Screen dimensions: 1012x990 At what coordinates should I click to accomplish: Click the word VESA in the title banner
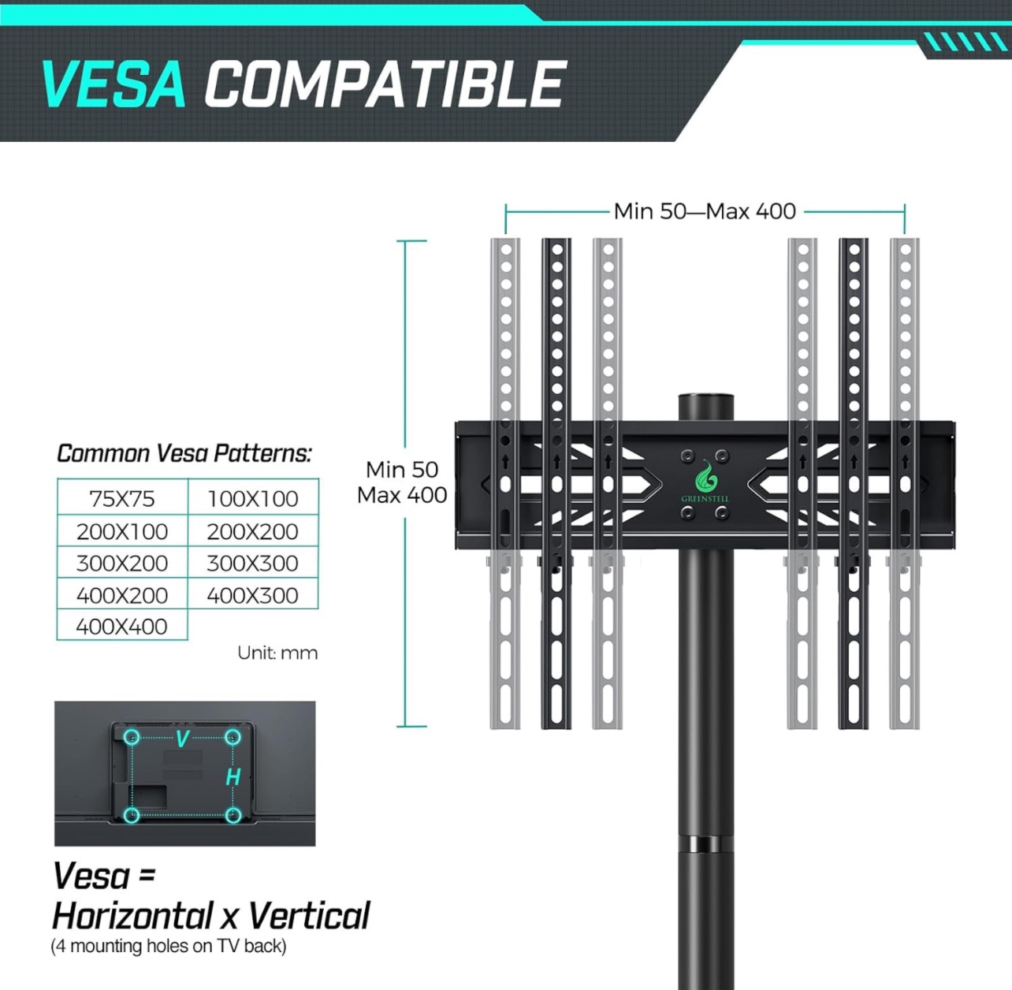pyautogui.click(x=113, y=84)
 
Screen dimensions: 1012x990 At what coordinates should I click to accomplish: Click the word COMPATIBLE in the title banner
pyautogui.click(x=385, y=84)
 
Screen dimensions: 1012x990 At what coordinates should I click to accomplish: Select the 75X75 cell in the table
pyautogui.click(x=122, y=498)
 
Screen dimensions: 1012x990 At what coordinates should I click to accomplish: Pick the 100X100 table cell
pyautogui.click(x=253, y=498)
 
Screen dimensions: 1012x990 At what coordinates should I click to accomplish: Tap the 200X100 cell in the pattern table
pyautogui.click(x=122, y=531)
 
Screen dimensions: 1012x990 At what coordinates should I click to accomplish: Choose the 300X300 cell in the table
pyautogui.click(x=253, y=563)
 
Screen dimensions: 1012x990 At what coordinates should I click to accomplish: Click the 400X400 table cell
pyautogui.click(x=122, y=626)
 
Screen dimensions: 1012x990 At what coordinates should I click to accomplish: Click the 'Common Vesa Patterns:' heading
pyautogui.click(x=184, y=453)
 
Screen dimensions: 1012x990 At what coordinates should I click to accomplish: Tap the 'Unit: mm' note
pyautogui.click(x=277, y=653)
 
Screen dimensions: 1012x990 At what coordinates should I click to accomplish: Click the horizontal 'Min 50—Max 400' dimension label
pyautogui.click(x=705, y=211)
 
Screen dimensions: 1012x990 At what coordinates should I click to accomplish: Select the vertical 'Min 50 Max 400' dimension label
pyautogui.click(x=402, y=482)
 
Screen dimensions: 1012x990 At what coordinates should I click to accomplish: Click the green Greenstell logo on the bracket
pyautogui.click(x=705, y=480)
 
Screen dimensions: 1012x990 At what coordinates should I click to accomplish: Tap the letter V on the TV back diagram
pyautogui.click(x=182, y=739)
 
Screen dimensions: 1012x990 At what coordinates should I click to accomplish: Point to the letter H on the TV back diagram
pyautogui.click(x=233, y=777)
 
